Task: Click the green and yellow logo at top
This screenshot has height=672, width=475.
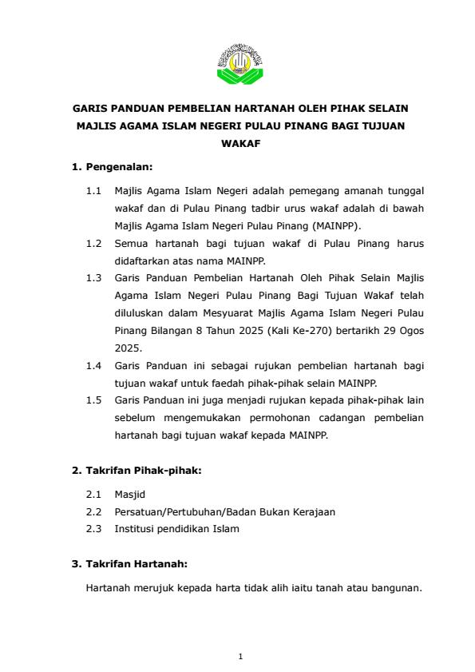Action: pos(237,63)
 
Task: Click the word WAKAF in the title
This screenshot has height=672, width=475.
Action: pos(237,145)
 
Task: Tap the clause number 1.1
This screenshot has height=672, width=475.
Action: pos(93,192)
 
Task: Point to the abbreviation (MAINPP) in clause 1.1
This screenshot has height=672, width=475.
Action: pos(315,225)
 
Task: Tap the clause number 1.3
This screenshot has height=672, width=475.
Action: pos(93,277)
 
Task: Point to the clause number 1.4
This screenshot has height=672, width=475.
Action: pos(93,364)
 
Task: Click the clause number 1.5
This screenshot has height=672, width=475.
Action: pos(93,400)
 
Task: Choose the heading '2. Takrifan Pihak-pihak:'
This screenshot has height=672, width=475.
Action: pos(137,470)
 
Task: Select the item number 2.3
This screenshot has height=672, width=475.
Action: pos(93,529)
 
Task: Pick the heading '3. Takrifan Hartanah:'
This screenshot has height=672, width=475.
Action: pos(129,564)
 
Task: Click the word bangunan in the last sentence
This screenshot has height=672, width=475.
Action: pos(396,589)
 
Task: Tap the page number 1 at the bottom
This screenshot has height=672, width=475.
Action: pos(239,656)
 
